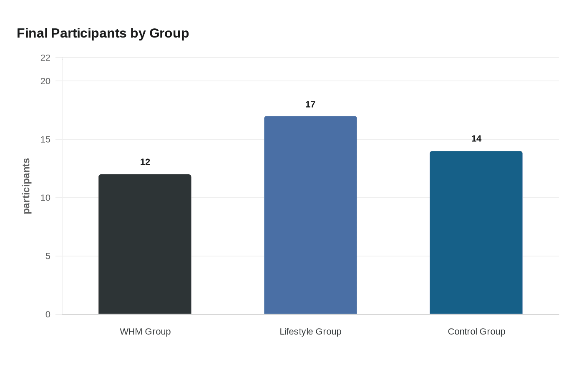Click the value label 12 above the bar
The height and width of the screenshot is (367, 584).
145,162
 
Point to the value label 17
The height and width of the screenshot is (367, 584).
310,104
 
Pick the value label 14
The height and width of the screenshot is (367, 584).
476,138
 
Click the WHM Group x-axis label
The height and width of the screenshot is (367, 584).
145,332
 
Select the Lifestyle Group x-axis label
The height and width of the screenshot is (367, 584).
310,332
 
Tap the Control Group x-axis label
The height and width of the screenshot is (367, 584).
476,332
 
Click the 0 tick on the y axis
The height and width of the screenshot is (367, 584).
48,314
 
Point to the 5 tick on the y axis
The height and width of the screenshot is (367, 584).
48,256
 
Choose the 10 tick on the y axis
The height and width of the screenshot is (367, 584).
45,198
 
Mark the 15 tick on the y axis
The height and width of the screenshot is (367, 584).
45,139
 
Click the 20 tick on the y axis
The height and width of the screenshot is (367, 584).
45,81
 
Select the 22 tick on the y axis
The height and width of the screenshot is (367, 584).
45,58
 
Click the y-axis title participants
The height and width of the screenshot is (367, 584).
26,186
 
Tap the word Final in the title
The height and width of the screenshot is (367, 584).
32,33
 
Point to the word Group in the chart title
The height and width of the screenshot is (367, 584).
169,33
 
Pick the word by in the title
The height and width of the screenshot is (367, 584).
138,33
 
